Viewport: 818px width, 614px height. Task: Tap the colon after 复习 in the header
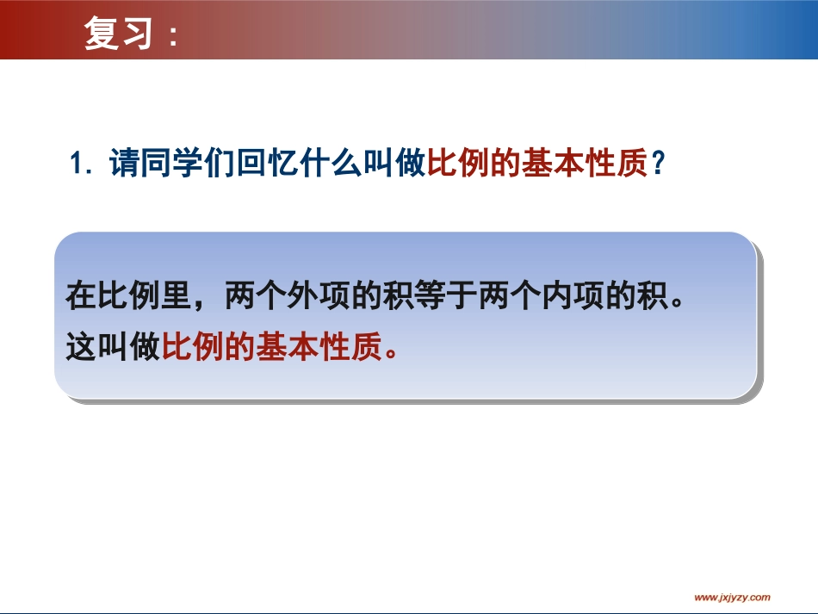point(172,36)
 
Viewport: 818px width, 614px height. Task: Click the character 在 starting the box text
point(81,297)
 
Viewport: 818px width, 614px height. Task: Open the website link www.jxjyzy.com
point(733,597)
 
